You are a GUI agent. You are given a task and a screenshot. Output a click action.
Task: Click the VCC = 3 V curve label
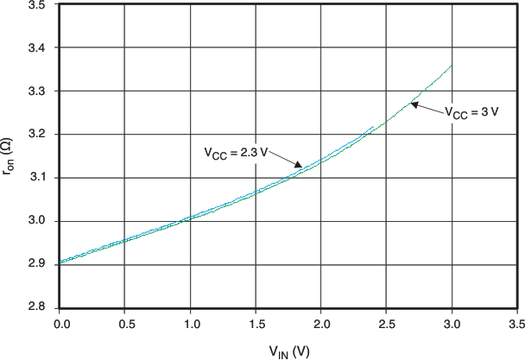[471, 112]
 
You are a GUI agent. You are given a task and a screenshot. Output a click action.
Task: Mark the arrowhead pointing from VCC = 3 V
[413, 104]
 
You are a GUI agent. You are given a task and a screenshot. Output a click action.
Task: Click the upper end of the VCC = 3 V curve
[452, 65]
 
